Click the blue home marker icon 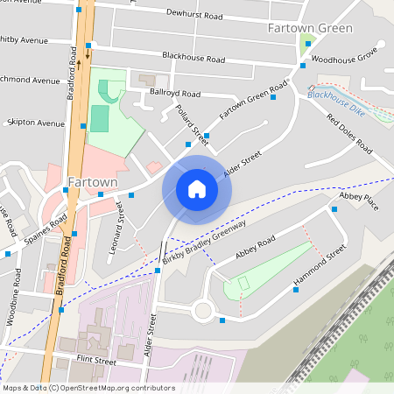coord(197,188)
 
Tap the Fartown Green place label coord(310,28)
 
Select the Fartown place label coord(91,182)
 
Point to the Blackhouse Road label coord(193,56)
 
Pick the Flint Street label coord(95,361)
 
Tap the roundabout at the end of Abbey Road coord(203,309)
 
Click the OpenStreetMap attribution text coord(88,388)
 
